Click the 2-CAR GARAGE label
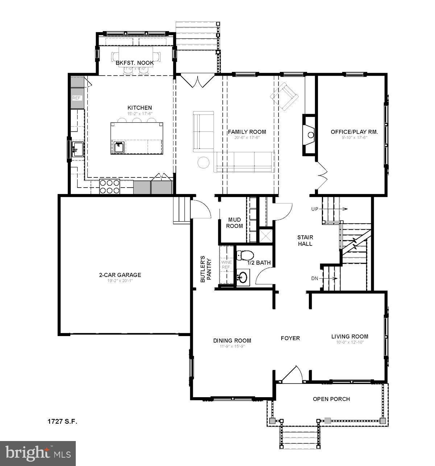120,275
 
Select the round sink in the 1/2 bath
243,278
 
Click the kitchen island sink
118,147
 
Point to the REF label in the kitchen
76,98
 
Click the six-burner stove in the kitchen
109,186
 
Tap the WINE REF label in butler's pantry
226,264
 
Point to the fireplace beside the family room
309,135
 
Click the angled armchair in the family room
285,96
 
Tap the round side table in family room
204,163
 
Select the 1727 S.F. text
62,421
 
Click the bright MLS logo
38,453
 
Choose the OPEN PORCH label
331,399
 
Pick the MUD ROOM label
235,223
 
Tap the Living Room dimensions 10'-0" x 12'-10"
349,342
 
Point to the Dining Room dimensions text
232,346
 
